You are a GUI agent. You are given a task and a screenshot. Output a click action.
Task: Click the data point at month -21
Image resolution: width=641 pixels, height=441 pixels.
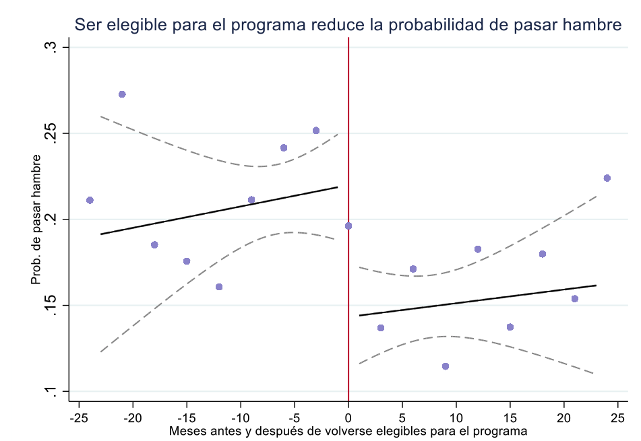click(x=122, y=94)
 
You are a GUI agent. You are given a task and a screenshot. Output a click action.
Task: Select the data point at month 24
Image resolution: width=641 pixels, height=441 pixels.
click(x=607, y=178)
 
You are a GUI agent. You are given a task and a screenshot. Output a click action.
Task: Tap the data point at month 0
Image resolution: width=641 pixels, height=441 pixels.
click(x=348, y=226)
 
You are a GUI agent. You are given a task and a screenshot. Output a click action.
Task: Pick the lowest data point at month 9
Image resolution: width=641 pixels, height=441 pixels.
click(x=445, y=366)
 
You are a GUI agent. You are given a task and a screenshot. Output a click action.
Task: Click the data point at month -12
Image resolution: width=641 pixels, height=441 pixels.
click(x=219, y=287)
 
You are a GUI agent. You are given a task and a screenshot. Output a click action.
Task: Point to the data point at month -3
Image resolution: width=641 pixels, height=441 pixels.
click(x=316, y=130)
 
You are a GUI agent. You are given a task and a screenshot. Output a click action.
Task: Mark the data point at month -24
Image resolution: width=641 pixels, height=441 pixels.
click(x=90, y=200)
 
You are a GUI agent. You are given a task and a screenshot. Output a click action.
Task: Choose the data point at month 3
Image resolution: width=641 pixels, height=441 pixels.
click(x=381, y=328)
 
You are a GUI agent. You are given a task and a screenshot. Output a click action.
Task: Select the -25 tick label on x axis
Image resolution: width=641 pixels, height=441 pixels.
click(x=79, y=417)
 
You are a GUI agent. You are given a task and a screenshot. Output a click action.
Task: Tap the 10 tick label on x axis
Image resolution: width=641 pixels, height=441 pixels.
click(x=456, y=417)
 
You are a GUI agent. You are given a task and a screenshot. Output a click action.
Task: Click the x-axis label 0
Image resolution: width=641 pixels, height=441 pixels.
click(x=348, y=417)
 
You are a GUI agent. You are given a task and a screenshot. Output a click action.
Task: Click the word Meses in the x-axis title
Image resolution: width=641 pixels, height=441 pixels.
click(x=185, y=430)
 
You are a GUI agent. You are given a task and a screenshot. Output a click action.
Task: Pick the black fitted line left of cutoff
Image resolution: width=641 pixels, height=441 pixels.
click(x=219, y=211)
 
